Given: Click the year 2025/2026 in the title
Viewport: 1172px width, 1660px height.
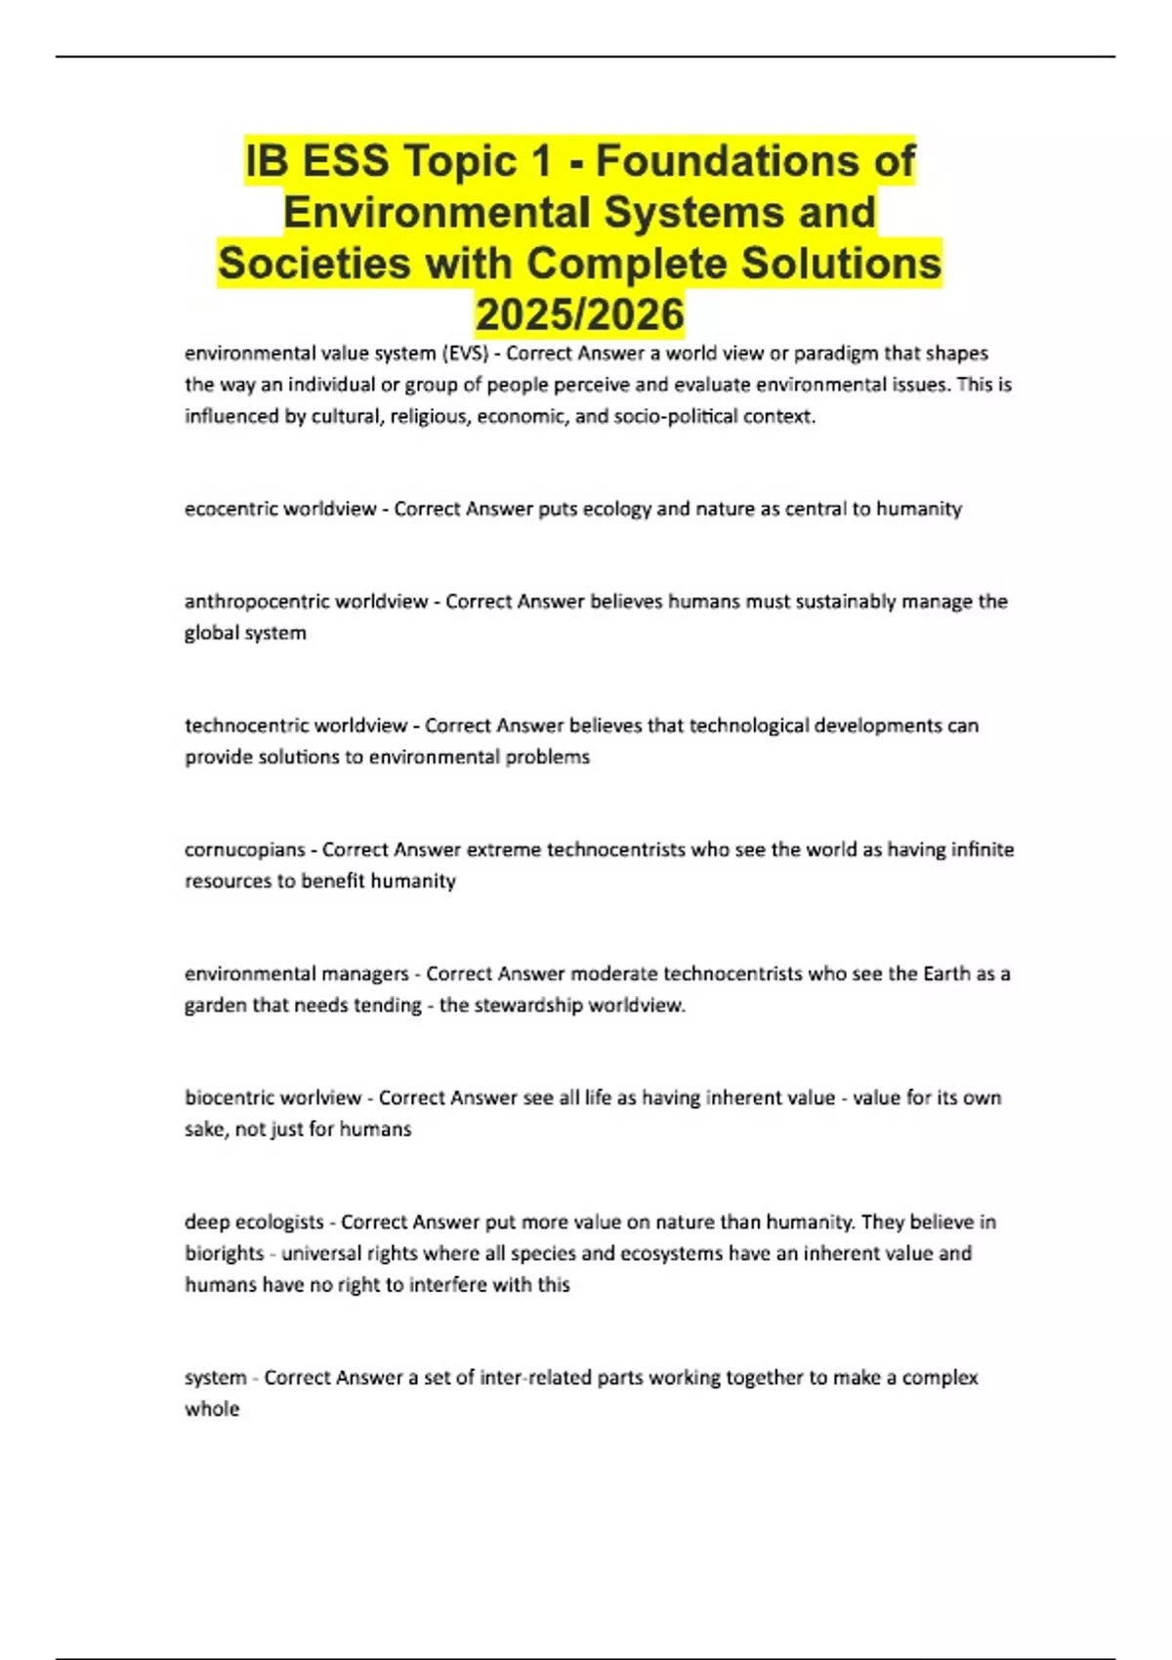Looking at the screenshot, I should coord(579,314).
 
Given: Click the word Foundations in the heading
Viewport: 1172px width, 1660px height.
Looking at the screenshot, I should coord(756,161).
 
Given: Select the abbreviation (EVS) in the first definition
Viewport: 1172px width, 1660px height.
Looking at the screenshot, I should coord(464,353).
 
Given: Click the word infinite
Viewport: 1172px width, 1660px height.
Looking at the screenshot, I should coord(982,850).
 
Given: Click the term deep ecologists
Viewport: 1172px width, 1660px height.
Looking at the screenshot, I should coord(254,1222).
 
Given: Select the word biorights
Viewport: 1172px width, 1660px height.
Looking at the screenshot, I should coord(224,1253).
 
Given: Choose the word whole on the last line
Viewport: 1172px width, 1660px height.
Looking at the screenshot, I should coord(212,1409).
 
